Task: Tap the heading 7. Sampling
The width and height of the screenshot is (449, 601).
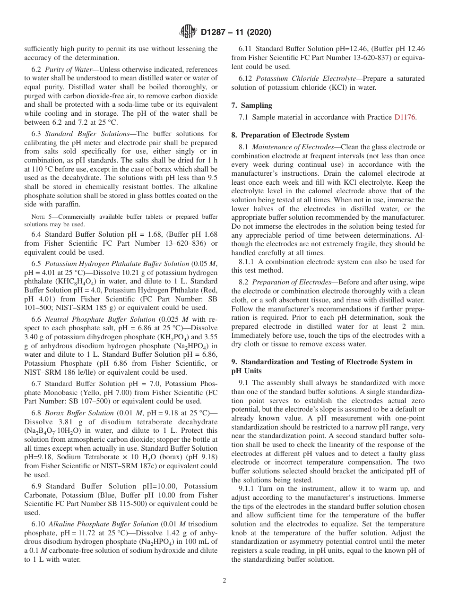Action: [252, 105]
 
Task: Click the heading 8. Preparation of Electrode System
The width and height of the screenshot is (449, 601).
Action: [290, 135]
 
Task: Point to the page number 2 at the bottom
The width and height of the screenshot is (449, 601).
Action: [224, 581]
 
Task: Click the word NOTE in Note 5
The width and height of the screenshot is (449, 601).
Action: [39, 217]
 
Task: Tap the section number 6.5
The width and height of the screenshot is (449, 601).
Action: [36, 261]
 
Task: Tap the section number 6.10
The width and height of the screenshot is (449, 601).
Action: [38, 524]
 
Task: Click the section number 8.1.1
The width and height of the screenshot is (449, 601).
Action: [248, 262]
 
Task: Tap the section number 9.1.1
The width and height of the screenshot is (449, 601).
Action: [248, 489]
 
